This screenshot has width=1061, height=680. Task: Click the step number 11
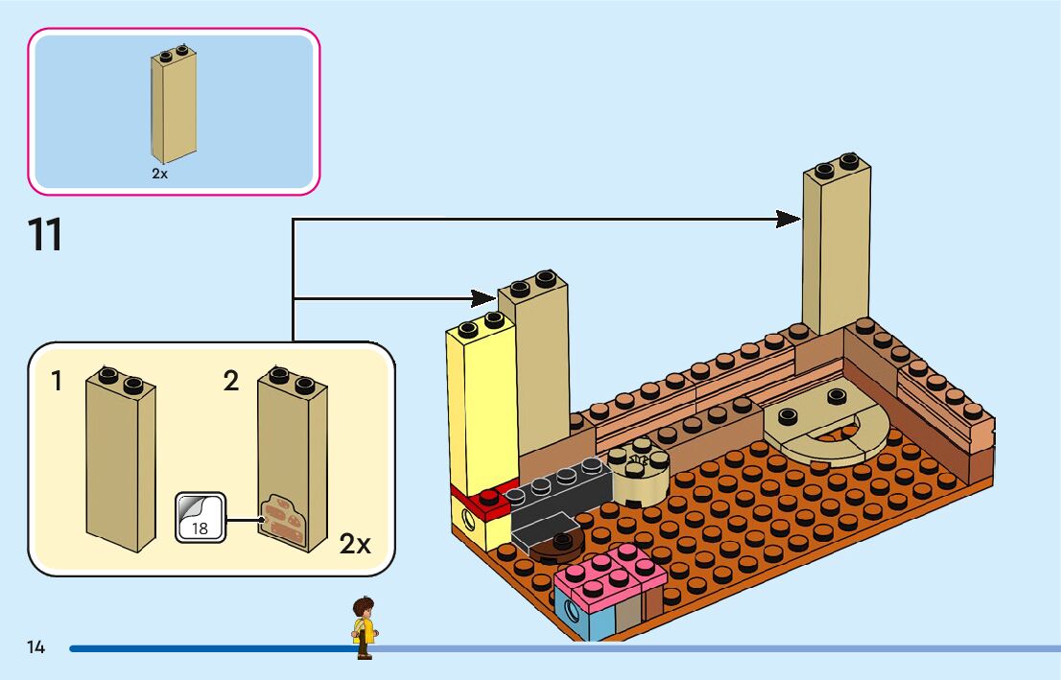(x=46, y=235)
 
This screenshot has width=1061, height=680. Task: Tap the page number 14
(x=36, y=647)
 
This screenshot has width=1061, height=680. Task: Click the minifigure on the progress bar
(x=364, y=628)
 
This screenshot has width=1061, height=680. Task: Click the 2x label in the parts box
(x=159, y=174)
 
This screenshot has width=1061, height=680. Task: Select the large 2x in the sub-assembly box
(x=355, y=545)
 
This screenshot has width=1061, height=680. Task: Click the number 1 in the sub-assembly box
(x=57, y=382)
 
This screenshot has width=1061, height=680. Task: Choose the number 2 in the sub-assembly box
(x=230, y=382)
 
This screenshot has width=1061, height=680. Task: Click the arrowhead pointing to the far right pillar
(x=789, y=220)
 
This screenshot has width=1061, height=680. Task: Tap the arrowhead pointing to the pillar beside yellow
(x=483, y=299)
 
